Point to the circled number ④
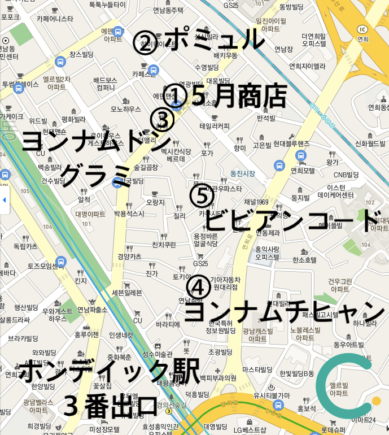198,287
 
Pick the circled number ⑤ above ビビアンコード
202,196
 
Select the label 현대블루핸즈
289,144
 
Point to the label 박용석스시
129,214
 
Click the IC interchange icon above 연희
362,29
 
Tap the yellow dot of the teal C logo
377,401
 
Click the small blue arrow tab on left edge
4,200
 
